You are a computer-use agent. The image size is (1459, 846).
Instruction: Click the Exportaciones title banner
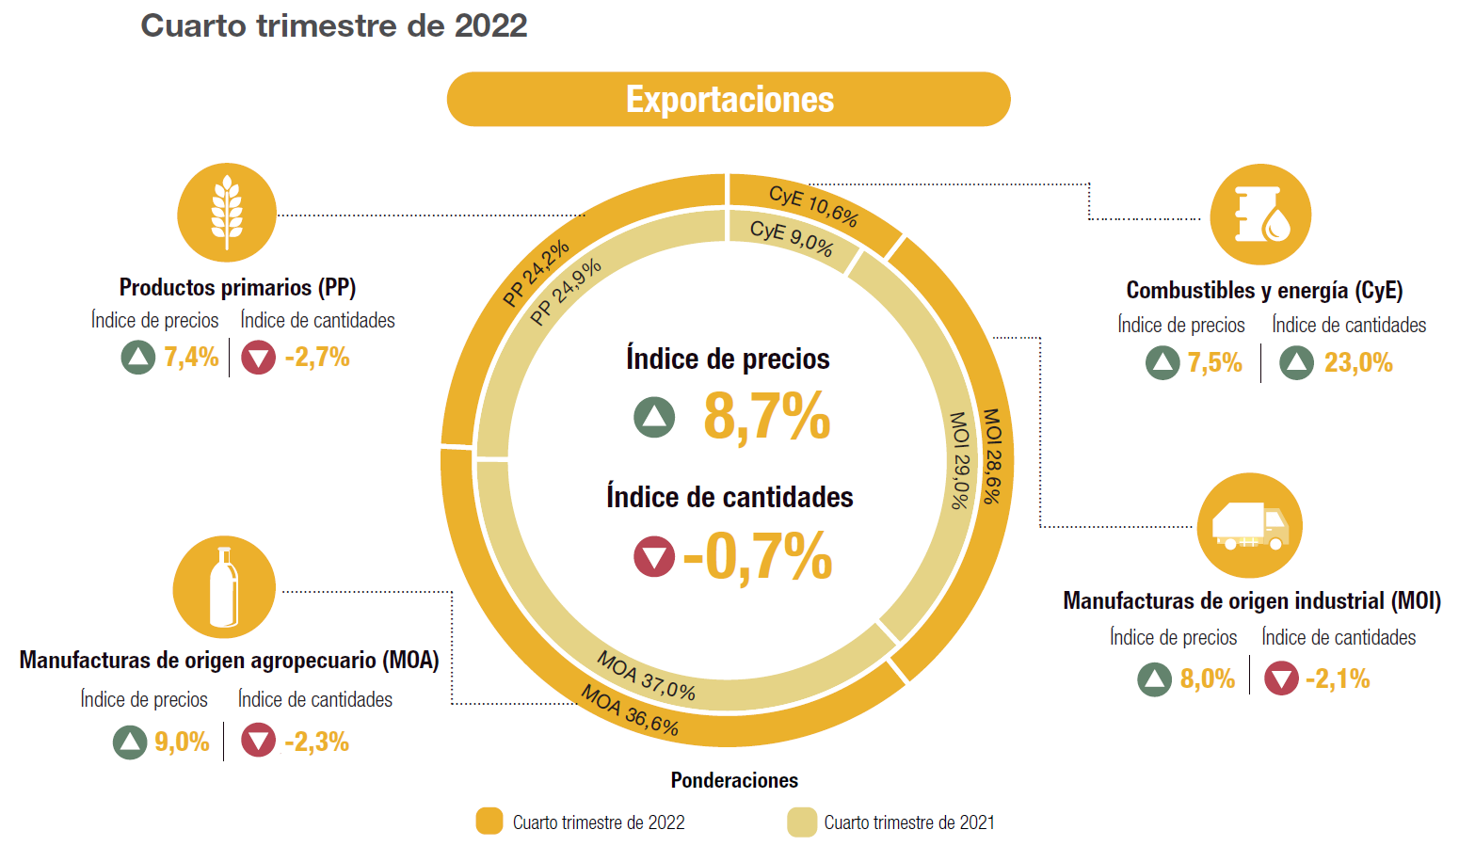tap(728, 99)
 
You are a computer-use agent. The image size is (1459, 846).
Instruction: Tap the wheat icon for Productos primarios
tap(227, 213)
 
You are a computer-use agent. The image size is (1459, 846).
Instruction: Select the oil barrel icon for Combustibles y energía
tap(1260, 215)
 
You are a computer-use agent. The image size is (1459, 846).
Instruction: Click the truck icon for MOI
tap(1249, 525)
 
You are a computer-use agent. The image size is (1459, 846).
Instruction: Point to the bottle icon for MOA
tap(224, 587)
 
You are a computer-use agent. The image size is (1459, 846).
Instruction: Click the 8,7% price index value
tap(766, 416)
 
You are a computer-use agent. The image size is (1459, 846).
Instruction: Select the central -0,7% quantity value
tap(758, 556)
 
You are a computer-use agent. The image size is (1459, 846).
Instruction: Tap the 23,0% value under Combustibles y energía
tap(1357, 363)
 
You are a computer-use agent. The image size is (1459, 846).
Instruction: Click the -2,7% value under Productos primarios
tap(317, 358)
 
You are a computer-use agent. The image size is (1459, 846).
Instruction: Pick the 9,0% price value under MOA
tap(182, 742)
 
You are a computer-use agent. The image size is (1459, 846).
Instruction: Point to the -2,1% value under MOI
tap(1337, 678)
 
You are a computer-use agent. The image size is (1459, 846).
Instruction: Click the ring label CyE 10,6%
tap(813, 206)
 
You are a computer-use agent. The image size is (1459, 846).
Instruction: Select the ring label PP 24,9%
tap(565, 293)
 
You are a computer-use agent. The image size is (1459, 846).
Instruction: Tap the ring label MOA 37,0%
tap(647, 677)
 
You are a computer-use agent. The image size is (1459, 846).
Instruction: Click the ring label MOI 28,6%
tap(992, 455)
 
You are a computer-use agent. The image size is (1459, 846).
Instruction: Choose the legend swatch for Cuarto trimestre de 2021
tap(802, 822)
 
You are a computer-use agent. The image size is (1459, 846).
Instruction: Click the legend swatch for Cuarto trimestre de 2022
tap(489, 822)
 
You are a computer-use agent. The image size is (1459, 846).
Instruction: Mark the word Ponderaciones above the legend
tap(734, 780)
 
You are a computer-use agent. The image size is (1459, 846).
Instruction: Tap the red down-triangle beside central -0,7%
tap(654, 556)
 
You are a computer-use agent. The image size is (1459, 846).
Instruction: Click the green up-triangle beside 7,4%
tap(138, 358)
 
